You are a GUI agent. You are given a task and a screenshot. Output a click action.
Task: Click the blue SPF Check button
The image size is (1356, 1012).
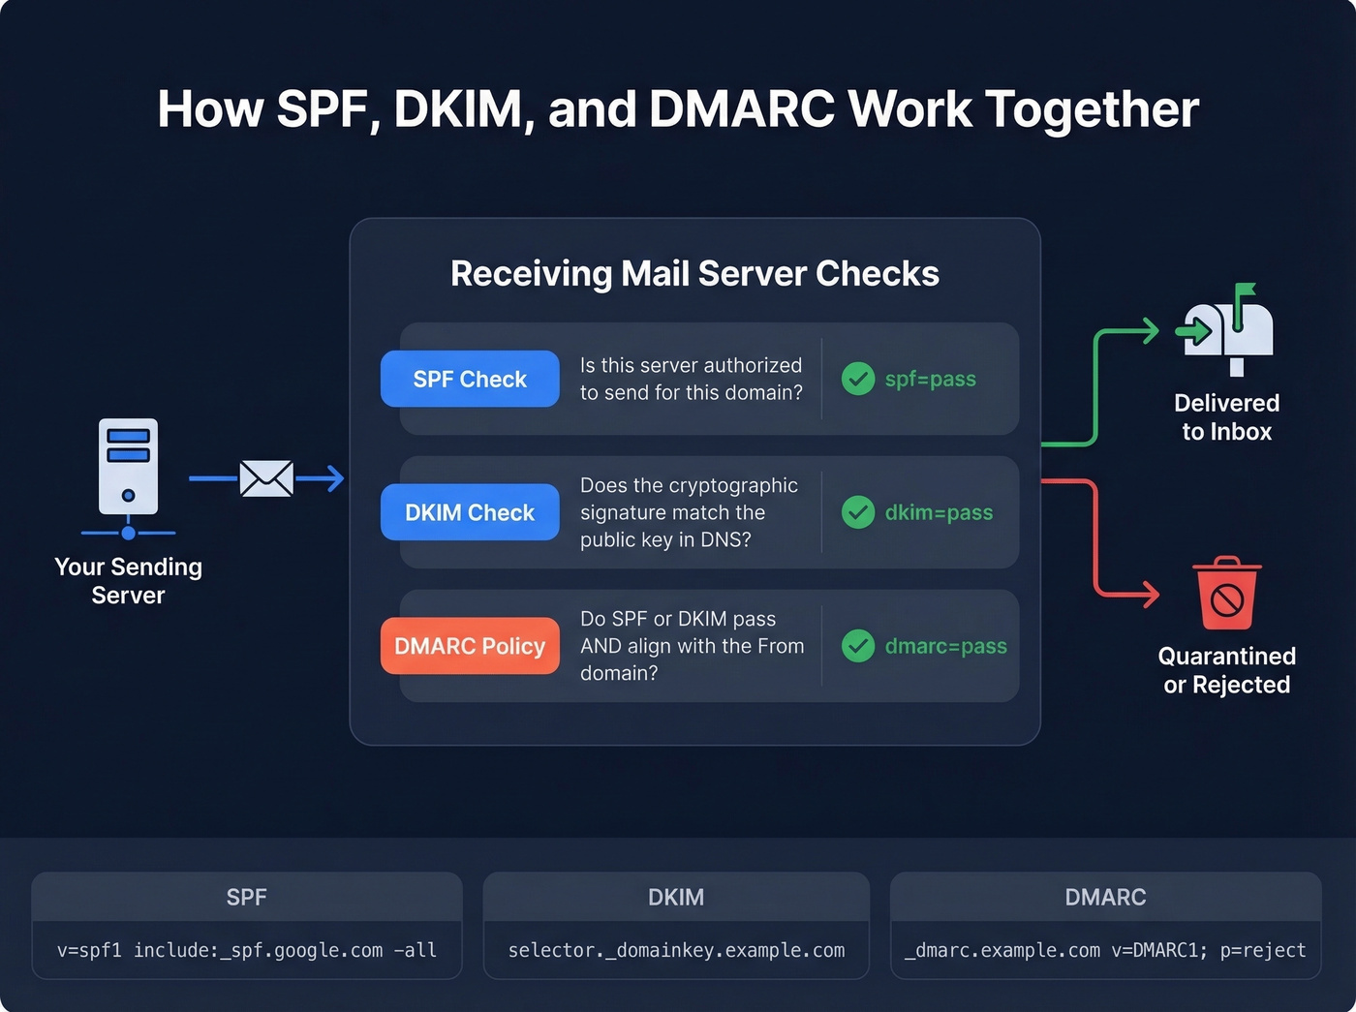(x=470, y=379)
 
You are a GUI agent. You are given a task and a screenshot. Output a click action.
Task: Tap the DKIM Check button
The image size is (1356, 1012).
(x=470, y=512)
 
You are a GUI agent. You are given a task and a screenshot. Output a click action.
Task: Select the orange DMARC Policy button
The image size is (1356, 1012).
(x=470, y=646)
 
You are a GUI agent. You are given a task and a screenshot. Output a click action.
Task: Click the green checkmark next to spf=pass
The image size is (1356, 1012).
(x=858, y=379)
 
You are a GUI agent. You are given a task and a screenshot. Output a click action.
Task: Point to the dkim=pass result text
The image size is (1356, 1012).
(x=939, y=512)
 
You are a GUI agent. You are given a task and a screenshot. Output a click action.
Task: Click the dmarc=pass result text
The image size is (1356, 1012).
(x=945, y=646)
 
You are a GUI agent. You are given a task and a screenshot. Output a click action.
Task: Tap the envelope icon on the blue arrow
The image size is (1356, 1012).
(x=266, y=478)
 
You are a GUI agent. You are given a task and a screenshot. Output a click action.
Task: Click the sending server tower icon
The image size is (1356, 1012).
(x=128, y=467)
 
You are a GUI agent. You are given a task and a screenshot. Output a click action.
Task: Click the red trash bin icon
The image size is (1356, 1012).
(x=1226, y=594)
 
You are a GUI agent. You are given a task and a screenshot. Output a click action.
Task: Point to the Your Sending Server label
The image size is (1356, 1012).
(x=128, y=580)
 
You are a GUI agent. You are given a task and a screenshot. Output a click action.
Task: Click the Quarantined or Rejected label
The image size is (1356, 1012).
(x=1226, y=670)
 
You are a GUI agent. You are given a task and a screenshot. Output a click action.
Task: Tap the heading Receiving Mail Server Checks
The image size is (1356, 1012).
(x=694, y=273)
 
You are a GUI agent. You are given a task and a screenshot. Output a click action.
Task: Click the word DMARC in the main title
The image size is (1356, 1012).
(x=741, y=108)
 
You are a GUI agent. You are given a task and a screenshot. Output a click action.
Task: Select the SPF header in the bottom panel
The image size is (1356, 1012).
(x=246, y=897)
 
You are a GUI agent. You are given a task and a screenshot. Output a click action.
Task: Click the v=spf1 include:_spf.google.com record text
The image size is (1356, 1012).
(x=246, y=950)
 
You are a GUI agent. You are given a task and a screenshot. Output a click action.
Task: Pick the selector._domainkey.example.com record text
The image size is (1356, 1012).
(x=676, y=950)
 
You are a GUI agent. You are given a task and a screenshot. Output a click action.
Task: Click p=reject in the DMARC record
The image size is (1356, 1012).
(x=1263, y=950)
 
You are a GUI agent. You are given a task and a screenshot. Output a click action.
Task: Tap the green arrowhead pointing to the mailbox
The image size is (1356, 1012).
(x=1151, y=331)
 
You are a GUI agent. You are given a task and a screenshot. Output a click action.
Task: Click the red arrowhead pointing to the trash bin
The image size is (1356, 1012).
(x=1151, y=594)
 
